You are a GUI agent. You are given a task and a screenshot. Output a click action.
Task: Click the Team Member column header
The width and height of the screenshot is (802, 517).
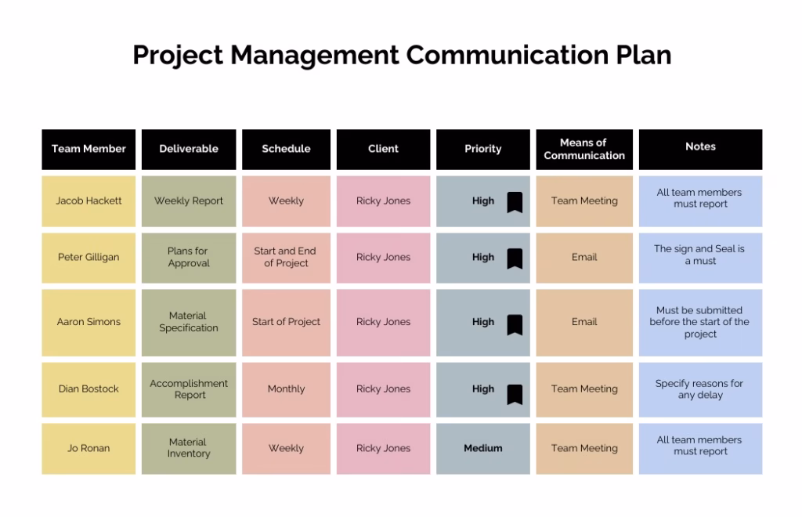[89, 150]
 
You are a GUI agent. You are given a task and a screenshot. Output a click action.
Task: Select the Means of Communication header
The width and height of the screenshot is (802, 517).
[584, 150]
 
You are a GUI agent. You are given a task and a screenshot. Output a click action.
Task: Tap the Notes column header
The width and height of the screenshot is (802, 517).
[700, 150]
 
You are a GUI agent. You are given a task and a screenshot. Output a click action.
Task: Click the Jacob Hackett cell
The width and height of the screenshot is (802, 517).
[89, 201]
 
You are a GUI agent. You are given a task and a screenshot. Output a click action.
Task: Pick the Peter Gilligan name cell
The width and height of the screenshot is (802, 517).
[89, 258]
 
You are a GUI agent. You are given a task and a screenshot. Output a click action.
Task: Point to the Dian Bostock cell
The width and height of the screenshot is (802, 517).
[89, 389]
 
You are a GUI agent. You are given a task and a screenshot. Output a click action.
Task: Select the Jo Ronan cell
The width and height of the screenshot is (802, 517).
[89, 449]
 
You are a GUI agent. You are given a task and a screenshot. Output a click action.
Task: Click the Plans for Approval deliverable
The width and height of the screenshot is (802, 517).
[189, 258]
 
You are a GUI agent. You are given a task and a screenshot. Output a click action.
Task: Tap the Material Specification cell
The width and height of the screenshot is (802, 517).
[189, 323]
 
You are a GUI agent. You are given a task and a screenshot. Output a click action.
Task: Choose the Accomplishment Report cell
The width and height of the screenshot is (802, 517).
[189, 389]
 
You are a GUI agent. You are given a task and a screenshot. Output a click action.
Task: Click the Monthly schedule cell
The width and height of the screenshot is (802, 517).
[286, 389]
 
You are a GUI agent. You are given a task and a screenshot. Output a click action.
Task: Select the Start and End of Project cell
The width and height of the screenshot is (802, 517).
[286, 258]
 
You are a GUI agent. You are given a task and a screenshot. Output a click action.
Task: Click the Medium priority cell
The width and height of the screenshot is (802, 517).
[482, 449]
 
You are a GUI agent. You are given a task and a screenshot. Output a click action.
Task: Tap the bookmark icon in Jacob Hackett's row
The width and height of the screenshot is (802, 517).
[515, 202]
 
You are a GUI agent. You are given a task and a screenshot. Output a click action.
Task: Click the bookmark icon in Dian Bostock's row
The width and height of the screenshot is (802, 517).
[515, 394]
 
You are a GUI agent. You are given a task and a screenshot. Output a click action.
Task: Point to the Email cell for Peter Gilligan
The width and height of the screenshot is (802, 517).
[584, 258]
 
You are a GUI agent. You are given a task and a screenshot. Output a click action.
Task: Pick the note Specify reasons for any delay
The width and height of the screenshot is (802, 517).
[700, 389]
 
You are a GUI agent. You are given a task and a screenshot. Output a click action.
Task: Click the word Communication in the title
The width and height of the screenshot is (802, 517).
[507, 55]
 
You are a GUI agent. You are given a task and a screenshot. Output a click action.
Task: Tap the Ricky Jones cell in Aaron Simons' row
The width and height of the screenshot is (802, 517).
[383, 323]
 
